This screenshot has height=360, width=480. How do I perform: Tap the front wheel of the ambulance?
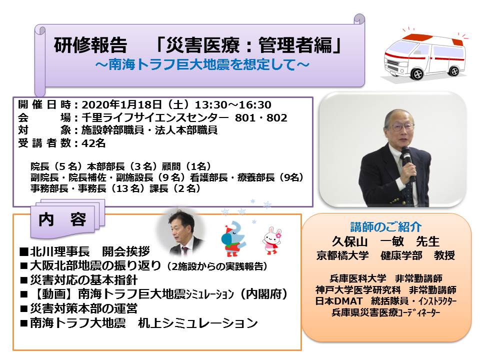point(416,74)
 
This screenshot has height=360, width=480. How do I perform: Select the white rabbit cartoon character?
point(271,241)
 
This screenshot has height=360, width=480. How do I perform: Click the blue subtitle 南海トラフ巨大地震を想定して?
point(202,64)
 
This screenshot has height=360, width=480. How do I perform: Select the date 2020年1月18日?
point(122,104)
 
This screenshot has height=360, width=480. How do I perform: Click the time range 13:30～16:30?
point(233,104)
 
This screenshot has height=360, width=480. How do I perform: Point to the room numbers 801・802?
point(261,118)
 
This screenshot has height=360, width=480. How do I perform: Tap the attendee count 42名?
point(93,143)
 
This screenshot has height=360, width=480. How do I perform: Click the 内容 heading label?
point(62,219)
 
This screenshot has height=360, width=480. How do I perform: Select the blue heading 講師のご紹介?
point(385,227)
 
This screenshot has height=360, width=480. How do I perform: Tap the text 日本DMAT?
point(339,301)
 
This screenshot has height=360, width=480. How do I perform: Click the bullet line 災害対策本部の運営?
point(78,308)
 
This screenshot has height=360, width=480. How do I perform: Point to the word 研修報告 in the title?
point(90,45)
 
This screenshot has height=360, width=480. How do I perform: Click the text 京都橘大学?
point(342,255)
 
